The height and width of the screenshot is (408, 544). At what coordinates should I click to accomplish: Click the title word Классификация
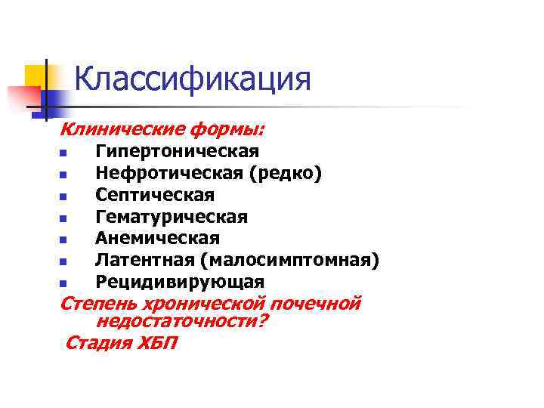193,79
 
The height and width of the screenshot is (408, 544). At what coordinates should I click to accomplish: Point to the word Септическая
155,195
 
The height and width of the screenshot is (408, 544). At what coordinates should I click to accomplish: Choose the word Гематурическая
171,217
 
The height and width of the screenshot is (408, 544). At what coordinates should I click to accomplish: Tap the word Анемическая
157,239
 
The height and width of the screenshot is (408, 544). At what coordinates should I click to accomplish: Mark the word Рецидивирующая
180,282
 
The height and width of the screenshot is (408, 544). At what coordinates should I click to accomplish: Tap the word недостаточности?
182,321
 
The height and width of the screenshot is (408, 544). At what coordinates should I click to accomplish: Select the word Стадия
96,343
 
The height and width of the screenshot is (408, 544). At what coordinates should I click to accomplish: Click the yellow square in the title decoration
36,76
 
